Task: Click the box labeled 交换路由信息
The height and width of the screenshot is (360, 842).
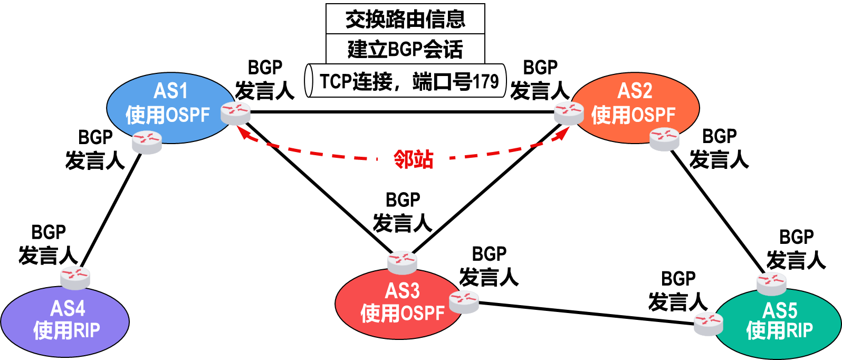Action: click(405, 19)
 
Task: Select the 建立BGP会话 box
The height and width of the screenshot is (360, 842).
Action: click(405, 49)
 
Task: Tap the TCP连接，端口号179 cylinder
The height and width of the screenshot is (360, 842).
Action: click(405, 81)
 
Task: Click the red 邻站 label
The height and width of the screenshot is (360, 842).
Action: click(414, 159)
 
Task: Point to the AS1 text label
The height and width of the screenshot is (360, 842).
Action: click(170, 91)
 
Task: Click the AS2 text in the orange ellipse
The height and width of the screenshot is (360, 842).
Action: click(635, 91)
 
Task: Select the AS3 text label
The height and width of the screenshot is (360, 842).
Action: click(402, 291)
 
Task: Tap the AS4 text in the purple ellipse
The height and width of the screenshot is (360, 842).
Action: click(68, 308)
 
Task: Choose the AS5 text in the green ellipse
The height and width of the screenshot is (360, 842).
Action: click(780, 310)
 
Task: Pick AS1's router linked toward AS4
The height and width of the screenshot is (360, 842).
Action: click(147, 142)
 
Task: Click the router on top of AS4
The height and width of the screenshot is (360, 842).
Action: click(75, 278)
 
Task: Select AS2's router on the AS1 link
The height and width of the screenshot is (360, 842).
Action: click(569, 113)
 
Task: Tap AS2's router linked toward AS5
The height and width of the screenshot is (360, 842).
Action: click(665, 139)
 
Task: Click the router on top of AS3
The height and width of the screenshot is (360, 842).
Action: click(402, 262)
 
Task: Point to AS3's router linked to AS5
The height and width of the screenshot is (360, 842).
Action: click(464, 302)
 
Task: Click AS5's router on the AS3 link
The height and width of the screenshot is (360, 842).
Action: click(709, 324)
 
